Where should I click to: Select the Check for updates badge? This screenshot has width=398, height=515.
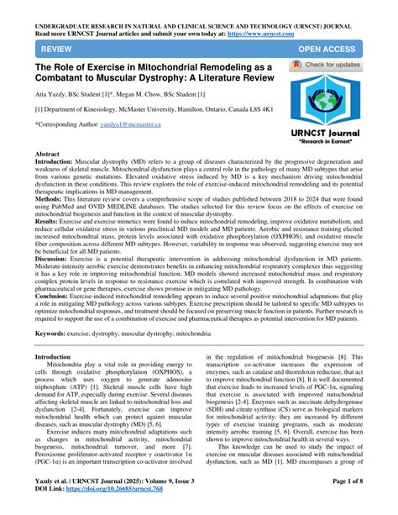pos(338,66)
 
